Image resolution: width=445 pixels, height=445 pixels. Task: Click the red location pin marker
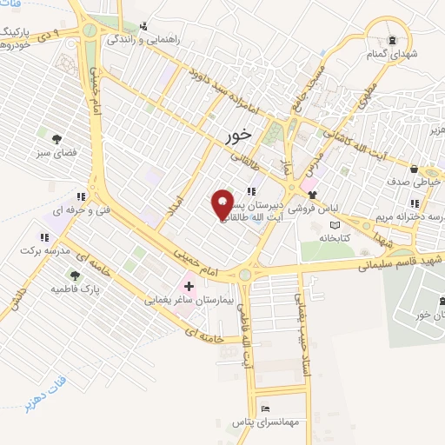point(222,203)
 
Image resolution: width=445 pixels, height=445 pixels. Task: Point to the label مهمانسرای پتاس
point(265,422)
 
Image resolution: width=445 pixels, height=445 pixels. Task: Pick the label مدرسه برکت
point(43,250)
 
